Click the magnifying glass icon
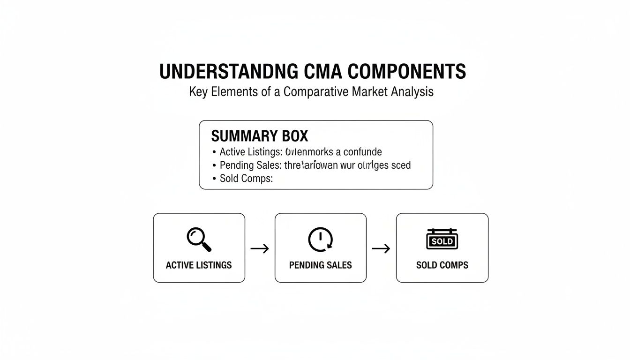click(x=199, y=239)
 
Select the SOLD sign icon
click(x=442, y=240)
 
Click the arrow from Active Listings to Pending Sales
click(x=260, y=248)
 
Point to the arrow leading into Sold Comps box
click(x=381, y=248)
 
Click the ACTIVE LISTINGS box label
click(x=199, y=265)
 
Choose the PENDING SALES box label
click(x=320, y=265)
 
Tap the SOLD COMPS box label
click(x=442, y=265)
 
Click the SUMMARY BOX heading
click(x=260, y=136)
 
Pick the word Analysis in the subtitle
click(x=412, y=92)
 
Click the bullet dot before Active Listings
click(x=214, y=152)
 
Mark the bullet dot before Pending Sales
click(x=214, y=165)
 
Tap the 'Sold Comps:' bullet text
click(x=246, y=179)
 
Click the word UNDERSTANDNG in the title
click(x=228, y=72)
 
